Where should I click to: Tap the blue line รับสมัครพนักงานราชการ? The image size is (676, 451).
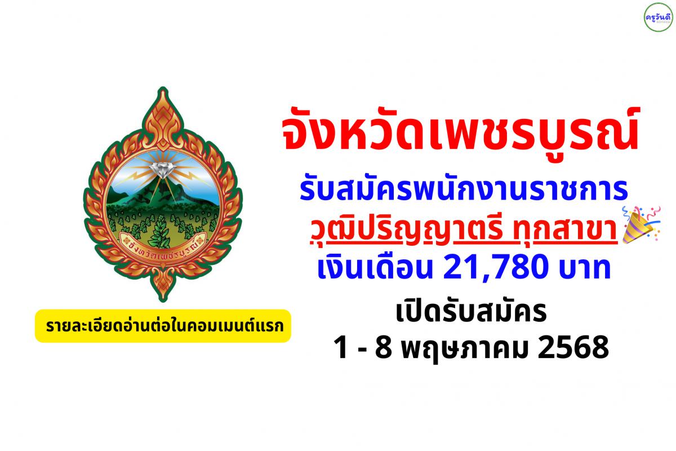[464, 190]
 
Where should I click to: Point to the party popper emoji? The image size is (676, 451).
[641, 224]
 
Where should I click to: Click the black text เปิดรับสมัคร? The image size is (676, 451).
[471, 312]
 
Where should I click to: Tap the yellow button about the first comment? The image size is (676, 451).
[163, 326]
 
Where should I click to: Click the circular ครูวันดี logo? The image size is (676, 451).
[658, 17]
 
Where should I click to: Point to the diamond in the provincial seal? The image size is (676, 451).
[163, 170]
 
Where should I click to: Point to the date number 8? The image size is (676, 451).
[383, 348]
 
